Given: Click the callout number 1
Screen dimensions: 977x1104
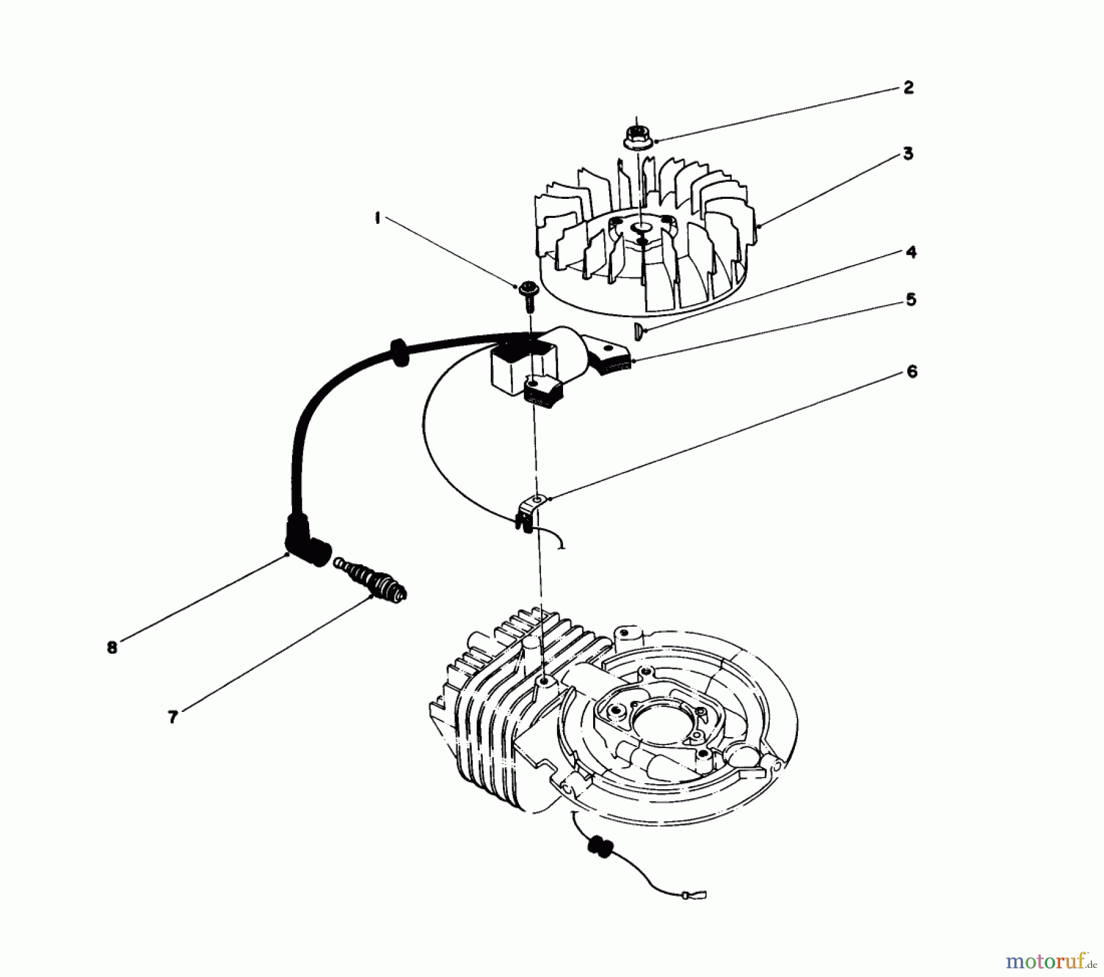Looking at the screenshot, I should [x=378, y=218].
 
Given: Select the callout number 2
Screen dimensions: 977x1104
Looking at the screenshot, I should [x=908, y=88].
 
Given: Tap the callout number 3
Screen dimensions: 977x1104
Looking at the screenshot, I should [x=908, y=153].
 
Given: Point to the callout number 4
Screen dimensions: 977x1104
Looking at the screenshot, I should [x=911, y=252].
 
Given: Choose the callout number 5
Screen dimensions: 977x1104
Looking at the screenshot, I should [x=911, y=300].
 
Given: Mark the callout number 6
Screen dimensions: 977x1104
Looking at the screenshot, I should [x=911, y=372].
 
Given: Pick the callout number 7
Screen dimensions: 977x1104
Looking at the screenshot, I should [x=173, y=717].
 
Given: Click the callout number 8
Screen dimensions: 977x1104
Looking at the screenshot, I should [x=112, y=647].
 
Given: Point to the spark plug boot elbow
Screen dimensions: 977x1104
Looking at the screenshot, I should [x=307, y=545].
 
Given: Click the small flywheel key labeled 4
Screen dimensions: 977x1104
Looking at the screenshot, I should [x=637, y=331].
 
